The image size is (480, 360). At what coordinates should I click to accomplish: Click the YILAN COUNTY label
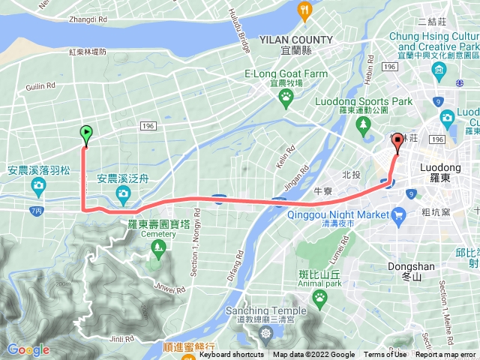pyautogui.click(x=295, y=40)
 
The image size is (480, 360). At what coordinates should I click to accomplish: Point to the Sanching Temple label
pyautogui.click(x=268, y=311)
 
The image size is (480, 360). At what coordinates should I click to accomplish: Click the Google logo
pyautogui.click(x=28, y=349)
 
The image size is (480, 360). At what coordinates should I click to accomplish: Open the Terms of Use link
pyautogui.click(x=385, y=355)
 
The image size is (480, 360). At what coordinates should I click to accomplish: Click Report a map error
pyautogui.click(x=445, y=355)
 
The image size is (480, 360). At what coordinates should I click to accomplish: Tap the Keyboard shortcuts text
pyautogui.click(x=231, y=355)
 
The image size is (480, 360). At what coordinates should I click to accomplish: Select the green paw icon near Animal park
pyautogui.click(x=319, y=297)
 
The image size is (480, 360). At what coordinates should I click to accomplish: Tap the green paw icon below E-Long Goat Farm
pyautogui.click(x=286, y=97)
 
